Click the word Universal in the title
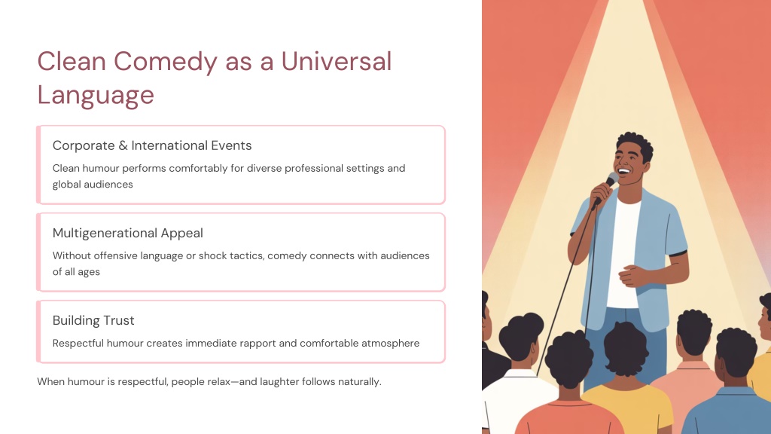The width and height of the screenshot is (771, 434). point(337,62)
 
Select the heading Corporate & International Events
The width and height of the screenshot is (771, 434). point(152,145)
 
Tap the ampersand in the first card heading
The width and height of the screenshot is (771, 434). point(123,145)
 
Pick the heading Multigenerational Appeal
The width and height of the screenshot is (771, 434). point(128,234)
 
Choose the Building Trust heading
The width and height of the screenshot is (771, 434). point(93,320)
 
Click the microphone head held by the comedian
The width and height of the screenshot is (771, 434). point(612,179)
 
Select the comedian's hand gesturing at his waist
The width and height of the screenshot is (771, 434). point(632,276)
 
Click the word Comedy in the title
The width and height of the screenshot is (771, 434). point(166,63)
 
